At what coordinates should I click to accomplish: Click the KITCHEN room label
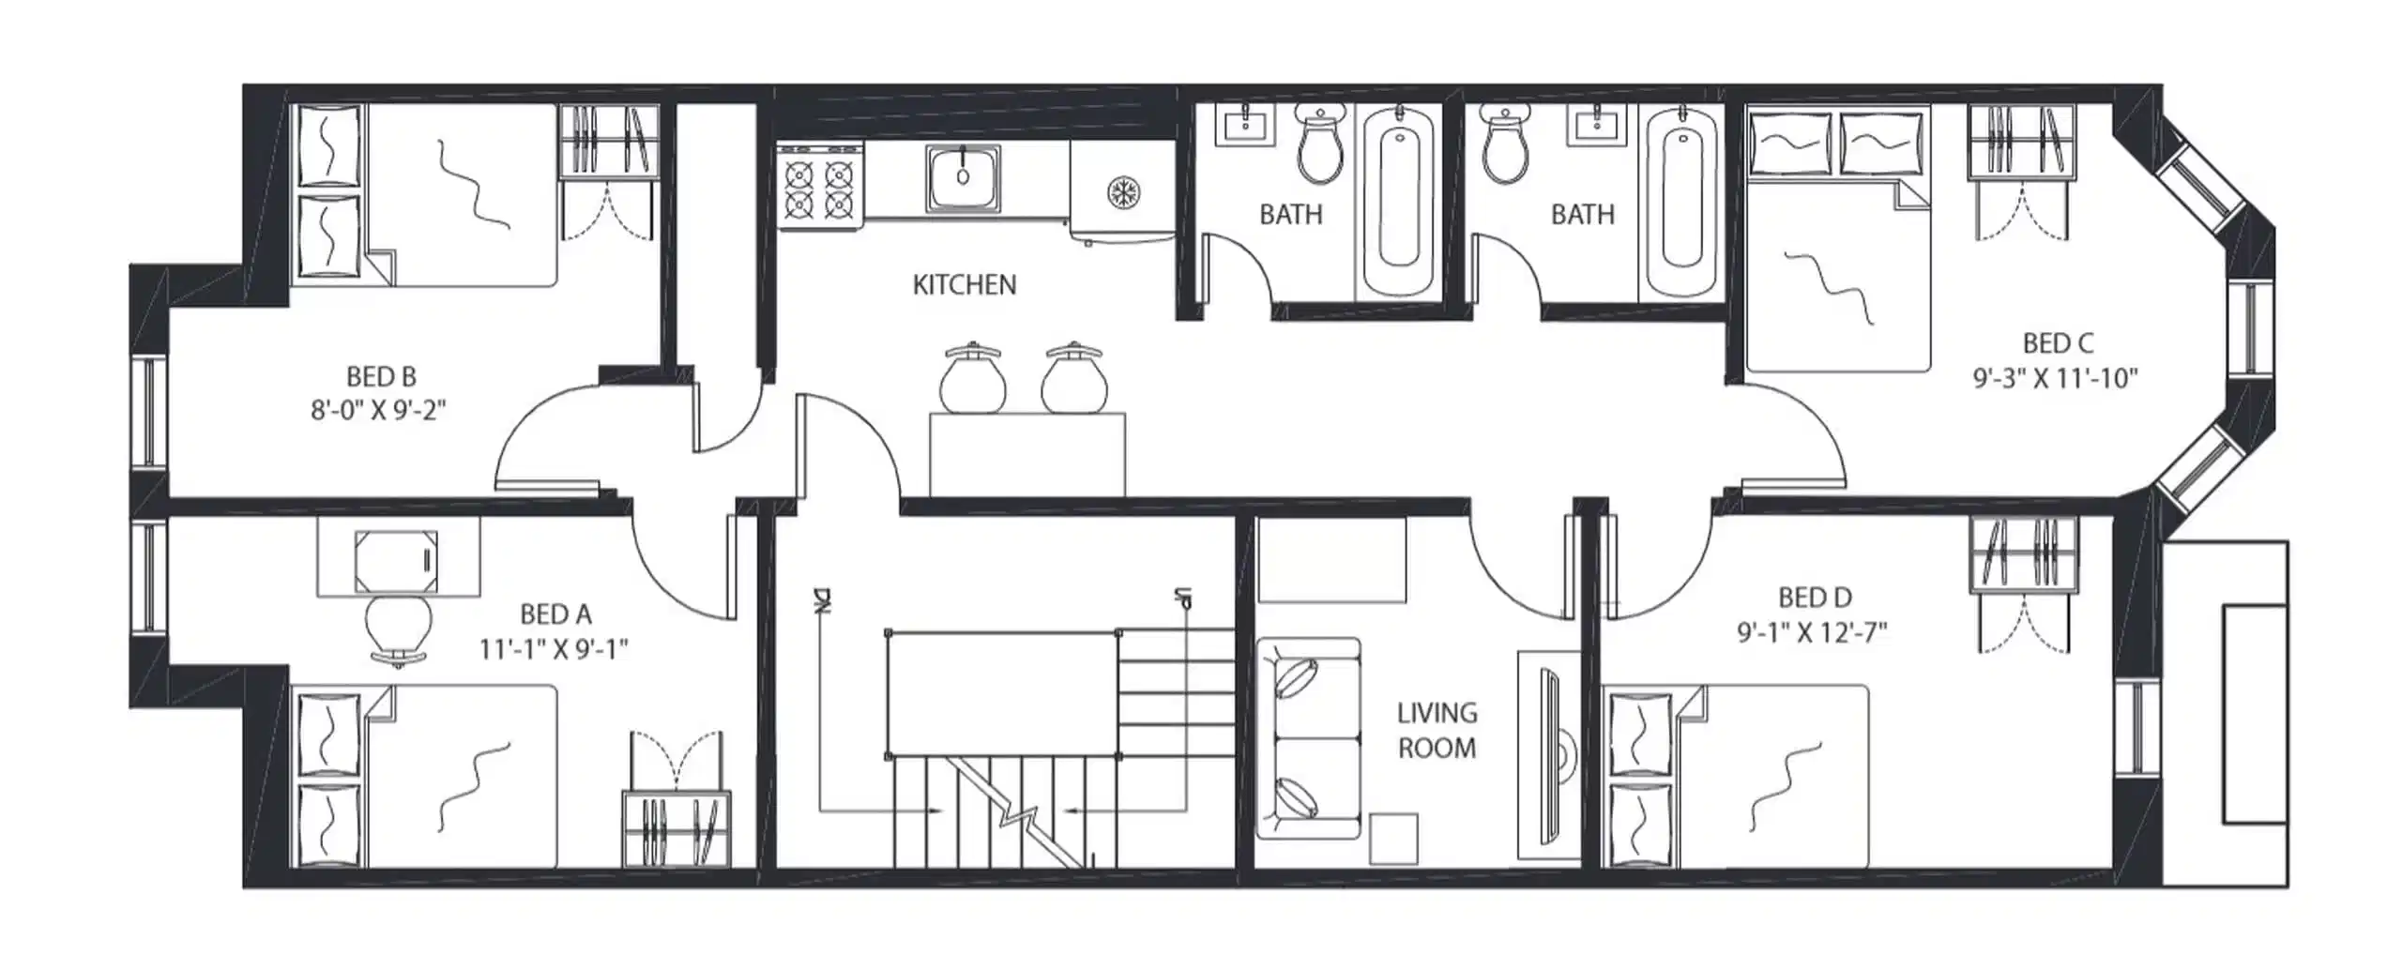pyautogui.click(x=964, y=284)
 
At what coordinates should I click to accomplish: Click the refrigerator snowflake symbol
pyautogui.click(x=1120, y=193)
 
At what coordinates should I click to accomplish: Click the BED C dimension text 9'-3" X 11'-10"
pyautogui.click(x=2055, y=378)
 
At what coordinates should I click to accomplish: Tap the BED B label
pyautogui.click(x=381, y=376)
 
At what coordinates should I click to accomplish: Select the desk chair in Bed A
pyautogui.click(x=399, y=628)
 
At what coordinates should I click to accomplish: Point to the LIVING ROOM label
pyautogui.click(x=1437, y=730)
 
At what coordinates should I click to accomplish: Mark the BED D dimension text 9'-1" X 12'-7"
pyautogui.click(x=1812, y=632)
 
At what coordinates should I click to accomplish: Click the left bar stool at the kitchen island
pyautogui.click(x=972, y=379)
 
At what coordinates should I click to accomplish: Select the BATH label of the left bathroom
pyautogui.click(x=1290, y=215)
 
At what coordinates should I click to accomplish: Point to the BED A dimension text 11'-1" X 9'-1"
pyautogui.click(x=554, y=648)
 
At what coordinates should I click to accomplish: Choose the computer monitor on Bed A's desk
pyautogui.click(x=396, y=562)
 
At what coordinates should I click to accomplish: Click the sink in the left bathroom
pyautogui.click(x=1245, y=127)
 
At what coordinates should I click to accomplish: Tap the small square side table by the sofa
pyautogui.click(x=1392, y=838)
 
